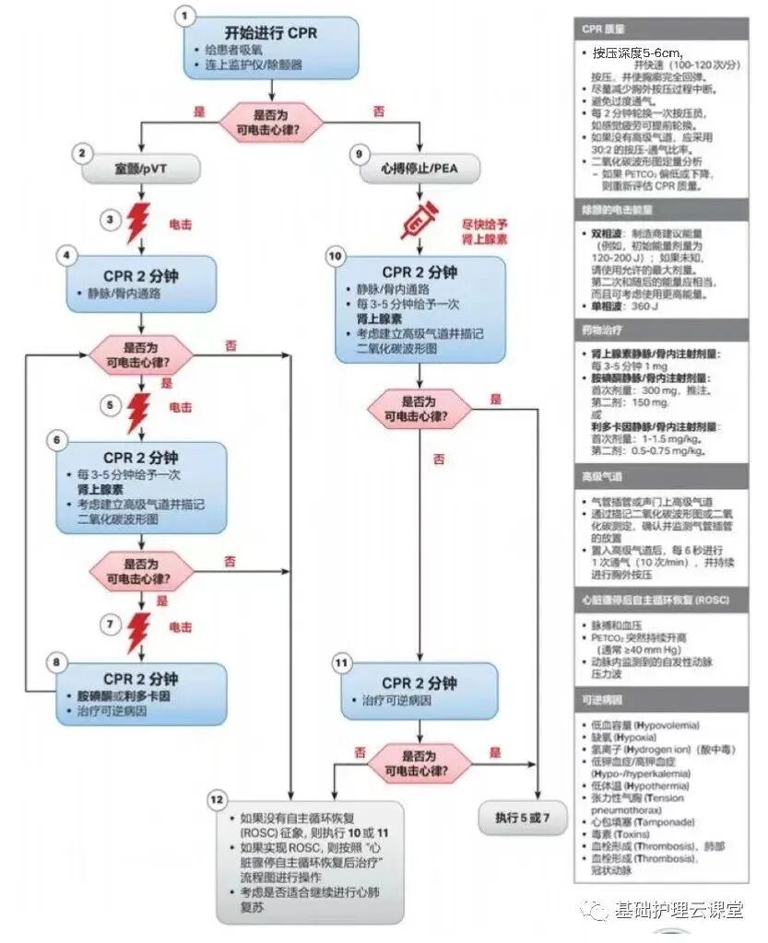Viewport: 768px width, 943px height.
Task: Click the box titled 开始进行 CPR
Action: pyautogui.click(x=269, y=47)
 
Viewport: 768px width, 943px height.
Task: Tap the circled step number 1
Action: pyautogui.click(x=187, y=15)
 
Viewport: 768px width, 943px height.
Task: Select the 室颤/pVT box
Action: pyautogui.click(x=141, y=169)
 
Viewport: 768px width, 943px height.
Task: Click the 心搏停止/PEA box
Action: pyautogui.click(x=419, y=169)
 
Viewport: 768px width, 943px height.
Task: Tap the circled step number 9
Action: pyautogui.click(x=361, y=154)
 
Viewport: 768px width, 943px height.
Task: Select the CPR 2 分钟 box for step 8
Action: pyautogui.click(x=140, y=687)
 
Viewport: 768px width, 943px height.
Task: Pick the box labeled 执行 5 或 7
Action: pyautogui.click(x=521, y=816)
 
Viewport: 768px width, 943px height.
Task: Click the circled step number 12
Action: pyautogui.click(x=218, y=798)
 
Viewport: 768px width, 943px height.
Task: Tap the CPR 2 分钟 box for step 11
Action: pyautogui.click(x=419, y=691)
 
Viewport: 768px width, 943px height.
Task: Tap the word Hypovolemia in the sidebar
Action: pyautogui.click(x=666, y=725)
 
